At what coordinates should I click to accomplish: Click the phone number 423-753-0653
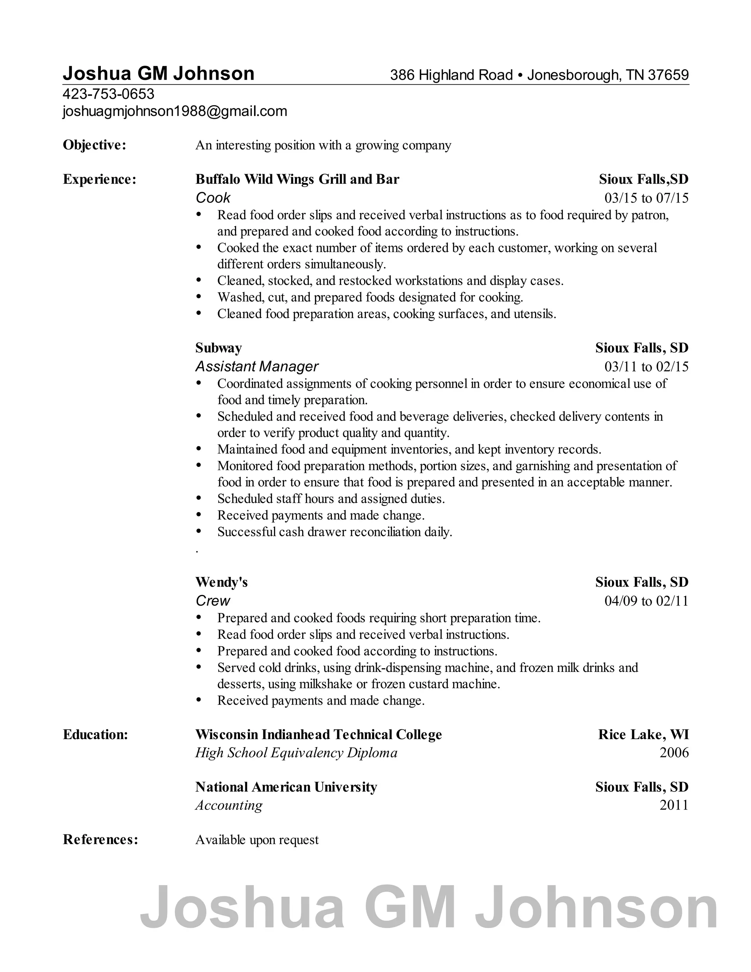pos(108,94)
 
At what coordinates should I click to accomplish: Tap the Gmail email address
pos(175,111)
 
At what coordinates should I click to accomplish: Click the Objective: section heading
pos(94,145)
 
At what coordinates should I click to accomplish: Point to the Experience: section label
pos(99,179)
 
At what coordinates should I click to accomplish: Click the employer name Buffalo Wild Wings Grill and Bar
pos(297,179)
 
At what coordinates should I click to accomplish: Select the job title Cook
pos(213,198)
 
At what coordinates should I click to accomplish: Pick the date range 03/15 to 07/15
pos(646,198)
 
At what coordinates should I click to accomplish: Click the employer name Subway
pos(219,348)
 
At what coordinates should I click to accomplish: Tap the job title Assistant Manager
pos(257,366)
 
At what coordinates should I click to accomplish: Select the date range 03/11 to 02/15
pos(646,366)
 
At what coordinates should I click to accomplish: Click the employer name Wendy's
pos(221,582)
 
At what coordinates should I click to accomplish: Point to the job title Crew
pos(213,601)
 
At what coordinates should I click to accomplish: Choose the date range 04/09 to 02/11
pos(646,601)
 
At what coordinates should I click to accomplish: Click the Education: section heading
pos(95,734)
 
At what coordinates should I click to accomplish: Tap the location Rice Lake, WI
pos(643,734)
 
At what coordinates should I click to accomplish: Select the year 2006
pos(674,753)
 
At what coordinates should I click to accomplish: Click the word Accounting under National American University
pos(229,805)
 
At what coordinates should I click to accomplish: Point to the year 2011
pos(674,805)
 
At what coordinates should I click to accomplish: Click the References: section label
pos(100,839)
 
